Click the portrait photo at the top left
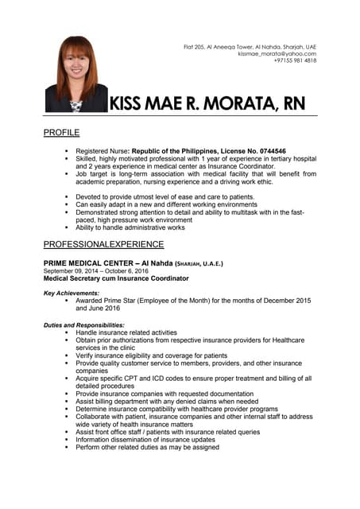pos(76,73)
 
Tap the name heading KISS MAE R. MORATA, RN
pos(207,104)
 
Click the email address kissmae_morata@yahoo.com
pos(277,53)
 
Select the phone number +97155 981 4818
pos(295,60)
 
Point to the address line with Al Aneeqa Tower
pos(250,46)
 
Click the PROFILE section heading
pos(61,132)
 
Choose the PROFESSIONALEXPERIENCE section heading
pos(103,244)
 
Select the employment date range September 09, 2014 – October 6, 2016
pos(96,270)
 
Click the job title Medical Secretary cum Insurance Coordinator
pos(116,278)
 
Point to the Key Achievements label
pos(72,293)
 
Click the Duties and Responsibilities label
pos(83,324)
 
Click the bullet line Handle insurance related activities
pos(126,332)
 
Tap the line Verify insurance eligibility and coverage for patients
pos(151,356)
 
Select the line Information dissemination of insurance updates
pos(145,440)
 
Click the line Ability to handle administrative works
pos(130,227)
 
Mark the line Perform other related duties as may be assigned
pos(147,448)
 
